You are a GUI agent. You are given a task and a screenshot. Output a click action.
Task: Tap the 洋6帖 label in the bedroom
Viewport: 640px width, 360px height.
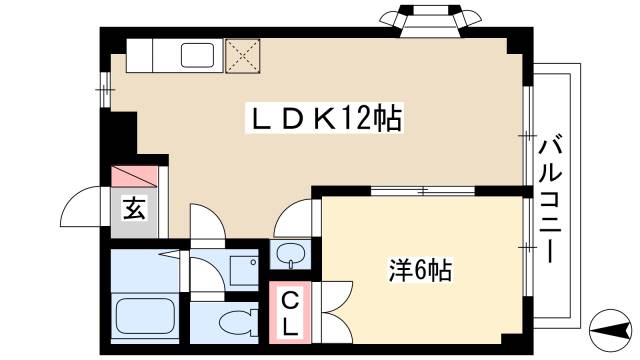[x=419, y=270]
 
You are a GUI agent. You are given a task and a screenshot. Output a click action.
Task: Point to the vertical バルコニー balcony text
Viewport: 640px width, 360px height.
[x=549, y=200]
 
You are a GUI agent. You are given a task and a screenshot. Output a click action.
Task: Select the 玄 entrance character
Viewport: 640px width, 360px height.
[x=132, y=209]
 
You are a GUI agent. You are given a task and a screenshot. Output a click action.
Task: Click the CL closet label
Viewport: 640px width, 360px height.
[x=287, y=313]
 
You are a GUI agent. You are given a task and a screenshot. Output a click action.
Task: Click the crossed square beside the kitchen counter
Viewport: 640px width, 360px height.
[x=242, y=55]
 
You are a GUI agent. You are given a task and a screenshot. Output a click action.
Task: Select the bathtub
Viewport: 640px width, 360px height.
[x=146, y=317]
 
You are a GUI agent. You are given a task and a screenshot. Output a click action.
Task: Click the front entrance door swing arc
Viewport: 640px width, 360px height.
[x=84, y=209]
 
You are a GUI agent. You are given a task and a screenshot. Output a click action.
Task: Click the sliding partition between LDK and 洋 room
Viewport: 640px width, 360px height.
[x=420, y=190]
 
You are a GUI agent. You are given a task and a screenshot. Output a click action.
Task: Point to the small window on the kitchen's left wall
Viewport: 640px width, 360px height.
[x=104, y=91]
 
